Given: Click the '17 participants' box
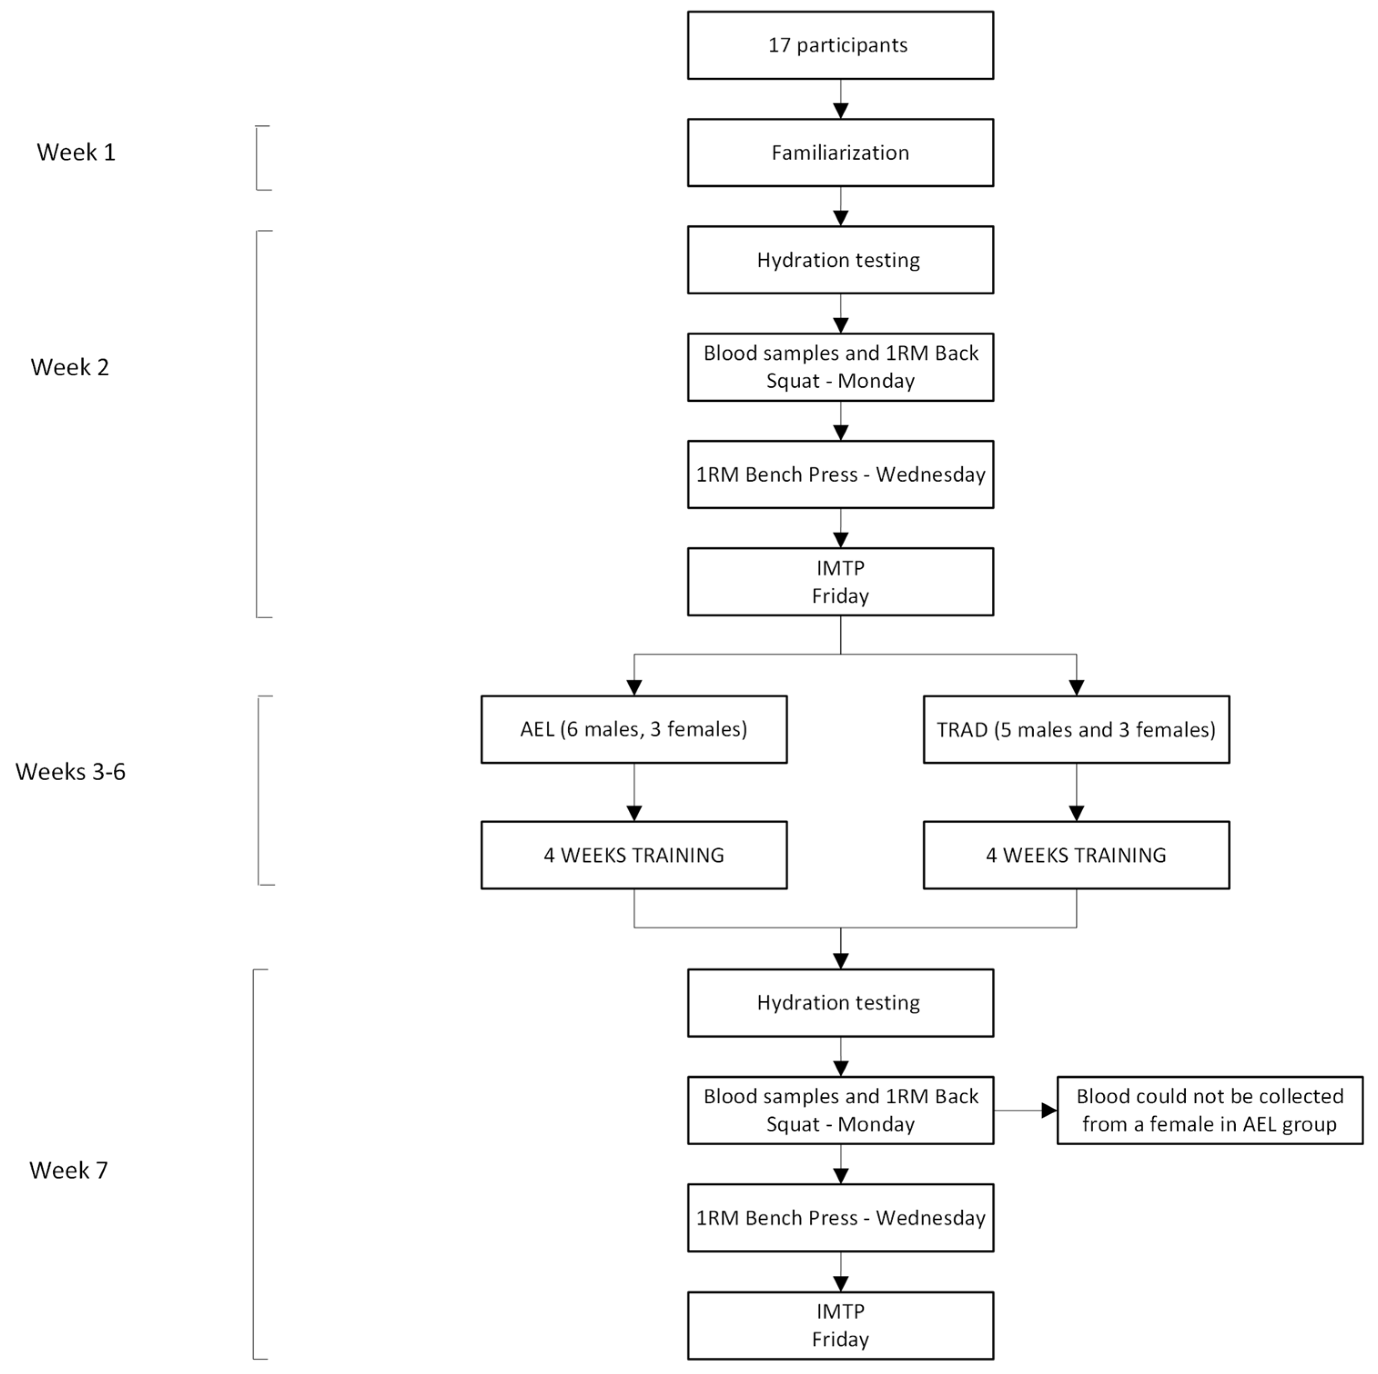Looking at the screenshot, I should pyautogui.click(x=840, y=45).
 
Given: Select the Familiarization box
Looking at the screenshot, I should pyautogui.click(x=840, y=153).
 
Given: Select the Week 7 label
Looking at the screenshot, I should pyautogui.click(x=69, y=1171).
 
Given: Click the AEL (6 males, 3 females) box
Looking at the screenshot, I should pyautogui.click(x=633, y=729).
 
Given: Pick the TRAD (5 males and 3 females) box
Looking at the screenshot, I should pyautogui.click(x=1075, y=729).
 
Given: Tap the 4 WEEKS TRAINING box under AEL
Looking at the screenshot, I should pyautogui.click(x=633, y=854).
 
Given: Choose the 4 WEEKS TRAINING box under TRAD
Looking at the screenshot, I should pyautogui.click(x=1075, y=854).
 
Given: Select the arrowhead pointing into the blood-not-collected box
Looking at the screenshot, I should pyautogui.click(x=1049, y=1110).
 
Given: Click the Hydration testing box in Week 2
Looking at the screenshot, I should pyautogui.click(x=840, y=260).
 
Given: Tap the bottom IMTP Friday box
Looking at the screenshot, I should pyautogui.click(x=840, y=1325).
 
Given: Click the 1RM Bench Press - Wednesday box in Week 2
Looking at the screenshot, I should pyautogui.click(x=840, y=475).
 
